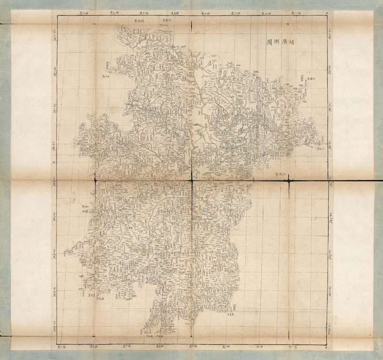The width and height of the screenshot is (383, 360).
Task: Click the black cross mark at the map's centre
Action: pos(192,180)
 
